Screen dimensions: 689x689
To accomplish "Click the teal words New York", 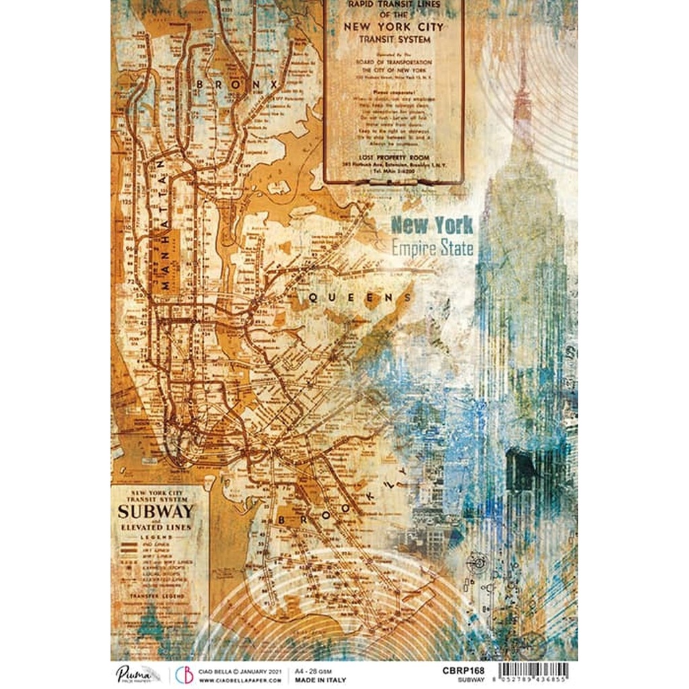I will tap(432, 225).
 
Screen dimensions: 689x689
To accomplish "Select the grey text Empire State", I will tap(432, 248).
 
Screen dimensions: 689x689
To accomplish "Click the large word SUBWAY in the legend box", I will tap(155, 509).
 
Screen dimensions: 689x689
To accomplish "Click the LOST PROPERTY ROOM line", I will tap(394, 155).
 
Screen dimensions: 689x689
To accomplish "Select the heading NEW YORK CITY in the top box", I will tap(394, 27).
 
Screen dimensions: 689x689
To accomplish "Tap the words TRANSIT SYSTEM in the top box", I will tap(394, 39).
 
